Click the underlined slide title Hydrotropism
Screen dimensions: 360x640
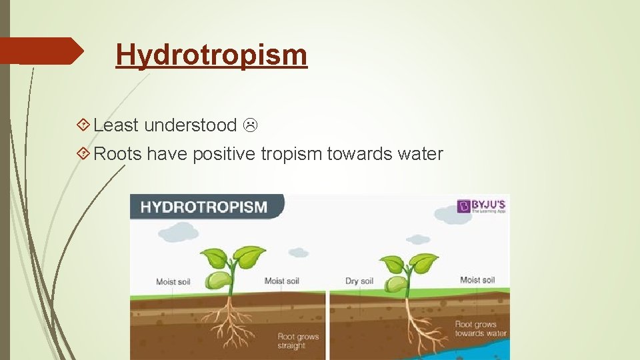pyautogui.click(x=211, y=55)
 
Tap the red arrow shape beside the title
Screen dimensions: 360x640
pyautogui.click(x=40, y=51)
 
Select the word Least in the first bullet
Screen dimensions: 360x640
pyautogui.click(x=116, y=125)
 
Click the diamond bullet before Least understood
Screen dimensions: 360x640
pyautogui.click(x=84, y=125)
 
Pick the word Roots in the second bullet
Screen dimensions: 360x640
pyautogui.click(x=118, y=155)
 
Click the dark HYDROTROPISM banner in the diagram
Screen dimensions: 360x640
pyautogui.click(x=203, y=207)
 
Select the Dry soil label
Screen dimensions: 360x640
pyautogui.click(x=359, y=281)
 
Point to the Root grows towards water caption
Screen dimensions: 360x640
pyautogui.click(x=480, y=329)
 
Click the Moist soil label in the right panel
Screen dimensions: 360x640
pyautogui.click(x=477, y=280)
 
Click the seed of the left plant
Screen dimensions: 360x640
pyautogui.click(x=218, y=281)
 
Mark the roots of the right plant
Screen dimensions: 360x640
pyautogui.click(x=410, y=323)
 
